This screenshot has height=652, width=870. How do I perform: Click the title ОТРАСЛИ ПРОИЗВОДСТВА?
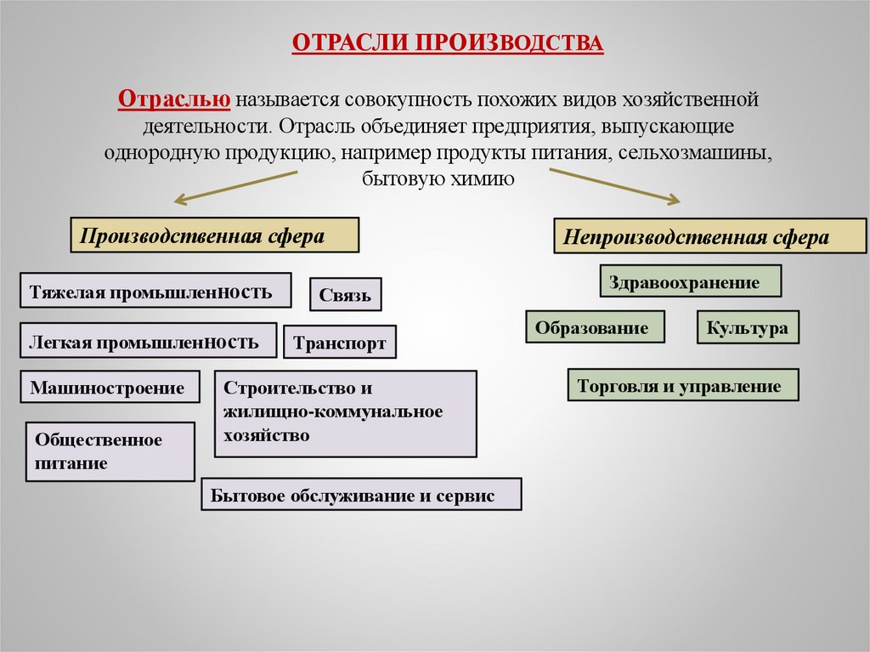(448, 43)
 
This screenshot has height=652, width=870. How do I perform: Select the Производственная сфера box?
(214, 235)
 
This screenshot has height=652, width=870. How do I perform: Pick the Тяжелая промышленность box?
(155, 291)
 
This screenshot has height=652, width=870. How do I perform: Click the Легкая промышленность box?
(148, 340)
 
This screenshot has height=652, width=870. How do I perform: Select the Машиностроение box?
(110, 387)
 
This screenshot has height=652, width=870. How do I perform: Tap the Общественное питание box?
(110, 451)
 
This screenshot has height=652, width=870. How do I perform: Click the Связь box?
(345, 295)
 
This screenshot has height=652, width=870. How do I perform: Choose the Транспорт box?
(340, 343)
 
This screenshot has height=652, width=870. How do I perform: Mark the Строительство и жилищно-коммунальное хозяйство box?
(345, 412)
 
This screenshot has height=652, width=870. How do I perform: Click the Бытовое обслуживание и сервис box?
(361, 494)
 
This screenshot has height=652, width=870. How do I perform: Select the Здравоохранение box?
(691, 281)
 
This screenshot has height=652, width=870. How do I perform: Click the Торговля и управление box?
(682, 385)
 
